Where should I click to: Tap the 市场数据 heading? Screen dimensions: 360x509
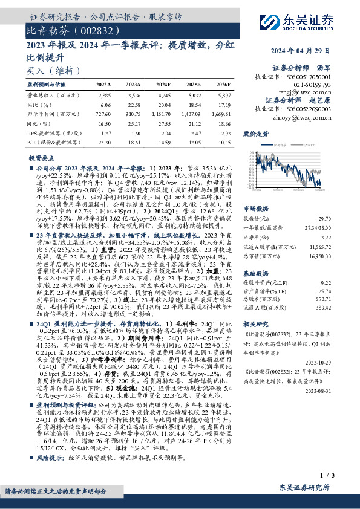(x=256, y=207)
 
